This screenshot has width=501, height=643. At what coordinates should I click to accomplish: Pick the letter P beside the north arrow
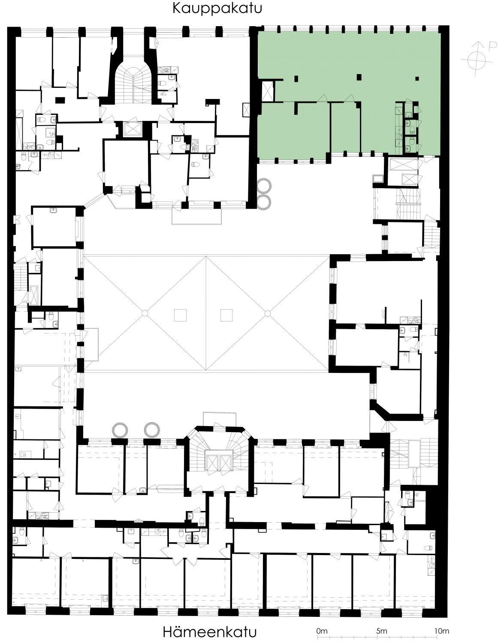[492, 46]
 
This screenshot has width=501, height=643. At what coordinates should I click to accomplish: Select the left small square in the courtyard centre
[180, 315]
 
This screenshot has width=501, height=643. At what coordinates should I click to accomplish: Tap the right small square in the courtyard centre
[226, 315]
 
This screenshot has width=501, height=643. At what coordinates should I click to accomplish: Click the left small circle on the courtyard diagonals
[145, 313]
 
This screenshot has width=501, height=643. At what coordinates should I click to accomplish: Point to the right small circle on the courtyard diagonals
[267, 313]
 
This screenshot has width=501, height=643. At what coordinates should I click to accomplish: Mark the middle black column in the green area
[359, 77]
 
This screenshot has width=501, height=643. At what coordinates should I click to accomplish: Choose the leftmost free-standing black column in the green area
[296, 79]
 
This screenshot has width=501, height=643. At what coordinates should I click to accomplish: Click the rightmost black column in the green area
[417, 79]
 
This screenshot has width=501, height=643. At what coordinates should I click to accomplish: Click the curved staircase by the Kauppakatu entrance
[133, 84]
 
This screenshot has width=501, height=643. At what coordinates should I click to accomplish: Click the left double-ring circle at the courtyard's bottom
[120, 430]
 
